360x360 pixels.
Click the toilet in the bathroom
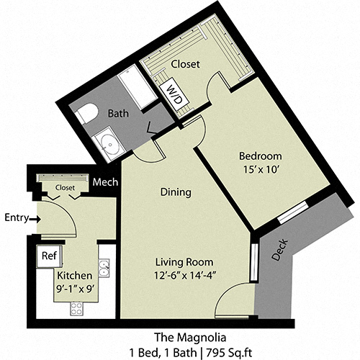(88, 113)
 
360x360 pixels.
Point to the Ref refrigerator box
(49, 256)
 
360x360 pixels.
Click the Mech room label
(105, 183)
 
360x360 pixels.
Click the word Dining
(176, 192)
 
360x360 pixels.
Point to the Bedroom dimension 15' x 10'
(260, 168)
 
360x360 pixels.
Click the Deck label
(282, 248)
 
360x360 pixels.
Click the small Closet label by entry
(64, 187)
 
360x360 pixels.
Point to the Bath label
(118, 114)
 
